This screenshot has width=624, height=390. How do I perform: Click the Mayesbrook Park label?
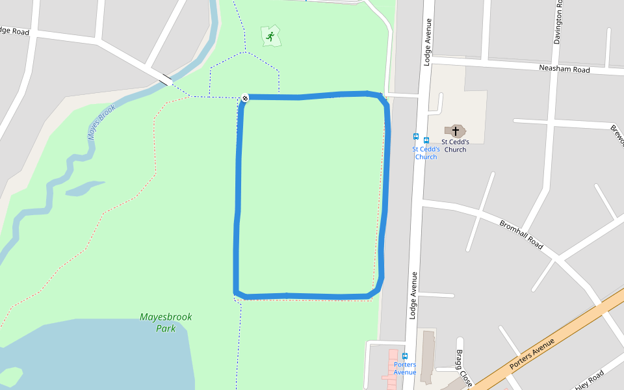(x=166, y=322)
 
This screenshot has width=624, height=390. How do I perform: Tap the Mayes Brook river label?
(x=101, y=122)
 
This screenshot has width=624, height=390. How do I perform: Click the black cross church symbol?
(x=455, y=131)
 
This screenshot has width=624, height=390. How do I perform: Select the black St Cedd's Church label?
(x=455, y=145)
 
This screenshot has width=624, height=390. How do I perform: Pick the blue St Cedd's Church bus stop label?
(x=426, y=153)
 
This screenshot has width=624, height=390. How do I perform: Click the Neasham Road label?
(x=564, y=69)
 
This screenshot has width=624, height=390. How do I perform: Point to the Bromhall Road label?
(x=521, y=234)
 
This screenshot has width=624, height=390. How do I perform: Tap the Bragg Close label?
(x=463, y=367)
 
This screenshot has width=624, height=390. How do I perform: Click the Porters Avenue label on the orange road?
(x=532, y=354)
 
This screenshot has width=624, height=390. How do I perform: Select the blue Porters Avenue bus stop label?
(x=405, y=368)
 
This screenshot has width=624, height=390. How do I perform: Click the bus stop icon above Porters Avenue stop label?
(x=405, y=356)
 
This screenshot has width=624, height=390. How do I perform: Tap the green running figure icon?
(x=270, y=36)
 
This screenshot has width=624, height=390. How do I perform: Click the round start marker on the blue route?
(x=245, y=98)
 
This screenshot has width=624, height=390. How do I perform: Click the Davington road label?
(x=558, y=23)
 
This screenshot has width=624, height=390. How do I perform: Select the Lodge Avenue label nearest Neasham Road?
(x=427, y=42)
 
